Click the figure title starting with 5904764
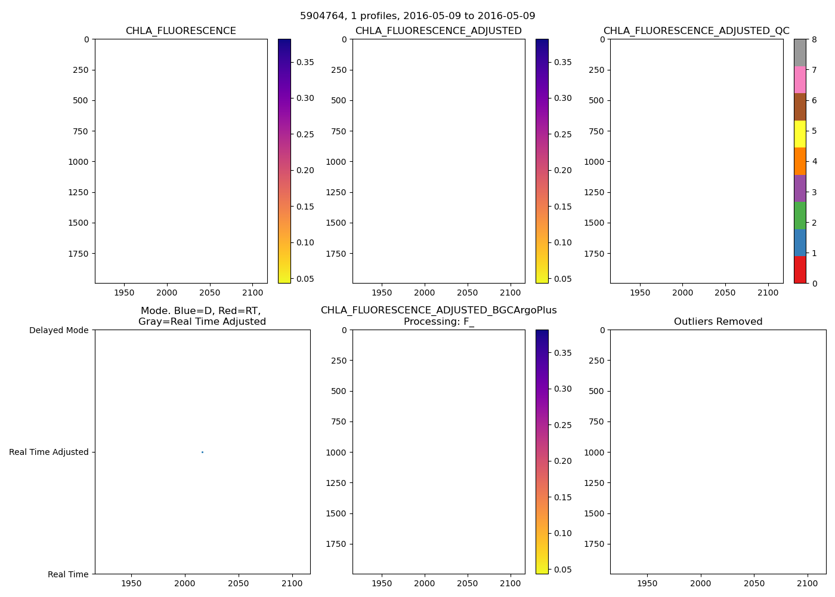[417, 16]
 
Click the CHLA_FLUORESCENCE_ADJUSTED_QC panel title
[696, 31]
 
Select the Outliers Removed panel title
[718, 322]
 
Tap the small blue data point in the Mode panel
[202, 452]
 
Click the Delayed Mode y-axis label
[58, 330]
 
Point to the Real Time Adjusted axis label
[49, 452]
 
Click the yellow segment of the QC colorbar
[800, 134]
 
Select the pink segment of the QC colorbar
[800, 79]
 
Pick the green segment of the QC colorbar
[800, 215]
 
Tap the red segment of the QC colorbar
[800, 269]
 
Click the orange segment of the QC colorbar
[800, 161]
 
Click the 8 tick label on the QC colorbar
[814, 39]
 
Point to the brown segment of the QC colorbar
[800, 107]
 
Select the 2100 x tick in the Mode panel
[292, 583]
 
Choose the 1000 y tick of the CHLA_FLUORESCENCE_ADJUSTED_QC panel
[593, 162]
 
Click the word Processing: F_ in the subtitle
[439, 322]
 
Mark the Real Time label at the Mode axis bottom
[68, 574]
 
